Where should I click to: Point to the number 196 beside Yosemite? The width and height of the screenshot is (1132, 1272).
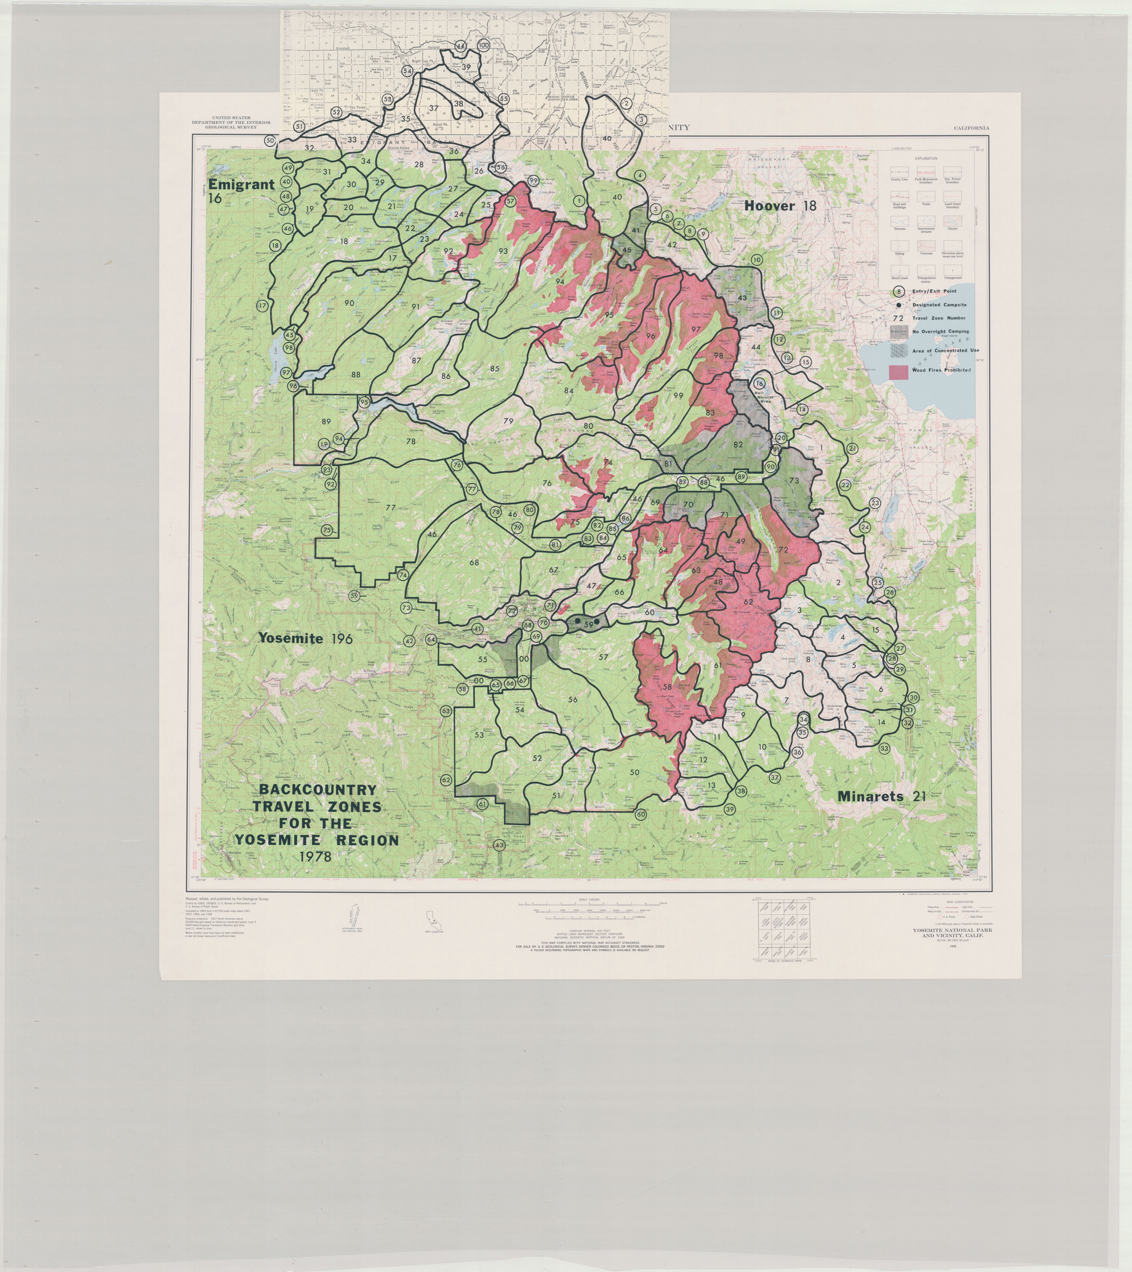click(x=342, y=638)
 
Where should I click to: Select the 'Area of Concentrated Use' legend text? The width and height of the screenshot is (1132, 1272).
click(x=945, y=350)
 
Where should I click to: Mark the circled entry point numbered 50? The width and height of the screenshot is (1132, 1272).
click(x=270, y=141)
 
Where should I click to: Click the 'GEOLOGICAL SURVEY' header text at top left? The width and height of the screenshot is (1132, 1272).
click(x=231, y=126)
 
